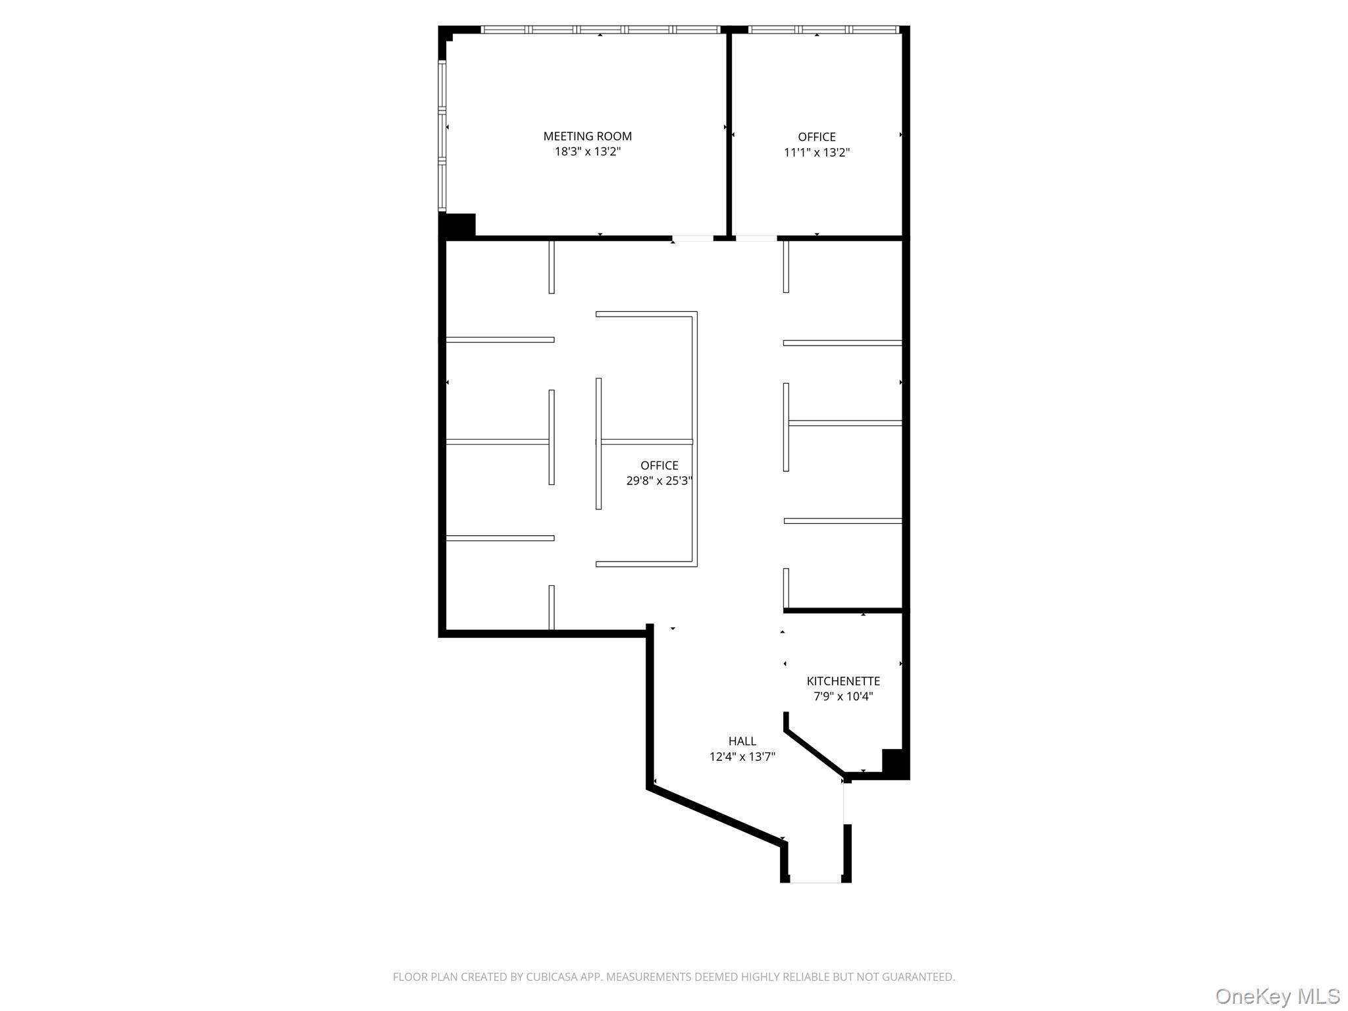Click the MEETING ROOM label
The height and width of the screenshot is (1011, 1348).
(x=587, y=136)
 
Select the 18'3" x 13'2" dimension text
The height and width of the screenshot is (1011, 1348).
(x=587, y=151)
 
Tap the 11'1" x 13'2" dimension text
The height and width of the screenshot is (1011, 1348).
(x=816, y=153)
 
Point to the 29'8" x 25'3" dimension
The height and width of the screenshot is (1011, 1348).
(x=658, y=480)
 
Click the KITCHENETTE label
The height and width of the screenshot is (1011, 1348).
(x=843, y=681)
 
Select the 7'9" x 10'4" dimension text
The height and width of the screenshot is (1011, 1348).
(x=843, y=696)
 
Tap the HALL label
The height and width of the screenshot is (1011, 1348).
(x=742, y=741)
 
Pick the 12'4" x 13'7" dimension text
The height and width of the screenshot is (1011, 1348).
(x=742, y=757)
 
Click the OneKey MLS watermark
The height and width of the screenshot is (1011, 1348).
(x=1277, y=996)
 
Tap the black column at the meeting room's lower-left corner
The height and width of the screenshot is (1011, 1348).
(x=458, y=224)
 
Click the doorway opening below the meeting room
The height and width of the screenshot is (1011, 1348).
(x=692, y=238)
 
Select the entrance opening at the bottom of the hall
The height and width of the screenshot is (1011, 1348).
(x=816, y=879)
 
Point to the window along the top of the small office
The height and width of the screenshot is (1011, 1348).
(x=823, y=30)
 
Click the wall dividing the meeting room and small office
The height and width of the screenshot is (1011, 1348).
(x=729, y=132)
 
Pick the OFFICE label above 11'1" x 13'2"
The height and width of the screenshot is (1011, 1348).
(x=816, y=137)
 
